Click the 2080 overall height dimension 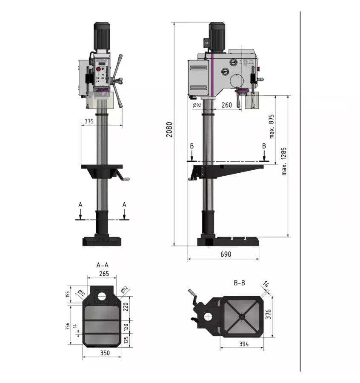(x=169, y=130)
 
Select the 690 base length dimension (x=226, y=254)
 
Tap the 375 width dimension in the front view (x=89, y=121)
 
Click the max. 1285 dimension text (x=284, y=161)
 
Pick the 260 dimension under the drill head (x=227, y=105)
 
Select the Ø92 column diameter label (x=197, y=105)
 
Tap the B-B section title (x=239, y=282)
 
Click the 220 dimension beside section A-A (x=126, y=306)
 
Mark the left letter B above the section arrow (x=192, y=146)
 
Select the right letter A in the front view (x=124, y=205)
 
